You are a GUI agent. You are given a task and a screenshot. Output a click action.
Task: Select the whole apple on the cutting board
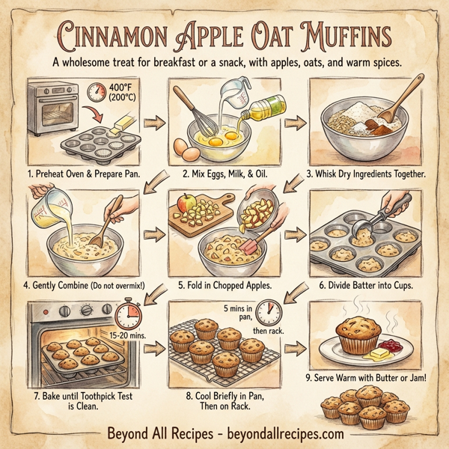point(187,203)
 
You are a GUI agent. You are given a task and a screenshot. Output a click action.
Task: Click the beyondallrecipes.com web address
point(284,433)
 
